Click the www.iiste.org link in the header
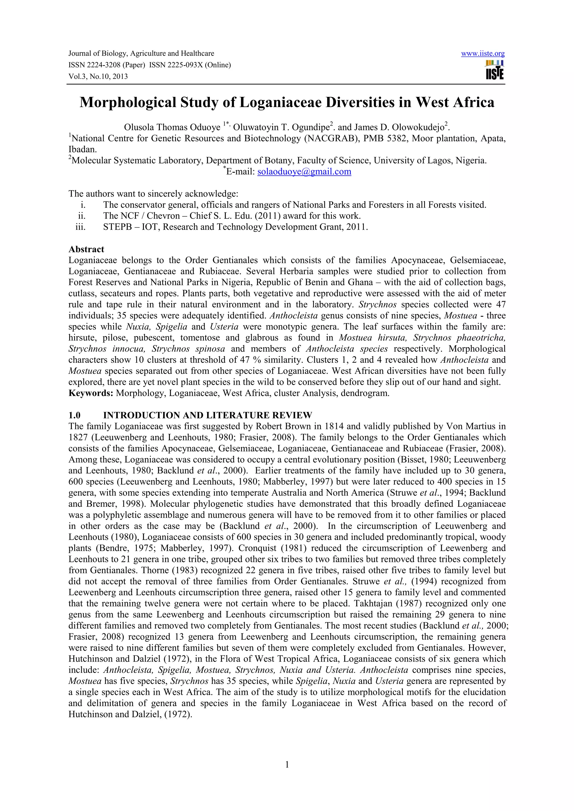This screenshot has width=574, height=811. coord(483,54)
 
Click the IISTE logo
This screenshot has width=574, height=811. coord(495,70)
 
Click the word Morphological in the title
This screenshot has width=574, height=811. coord(128,102)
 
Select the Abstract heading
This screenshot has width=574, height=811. coord(86,249)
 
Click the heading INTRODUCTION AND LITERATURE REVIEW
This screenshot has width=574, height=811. coord(208,415)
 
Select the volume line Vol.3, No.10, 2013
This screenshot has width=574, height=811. coord(98,76)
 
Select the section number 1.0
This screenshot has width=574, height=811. coord(75,415)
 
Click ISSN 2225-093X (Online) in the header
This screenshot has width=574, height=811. coord(190,65)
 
